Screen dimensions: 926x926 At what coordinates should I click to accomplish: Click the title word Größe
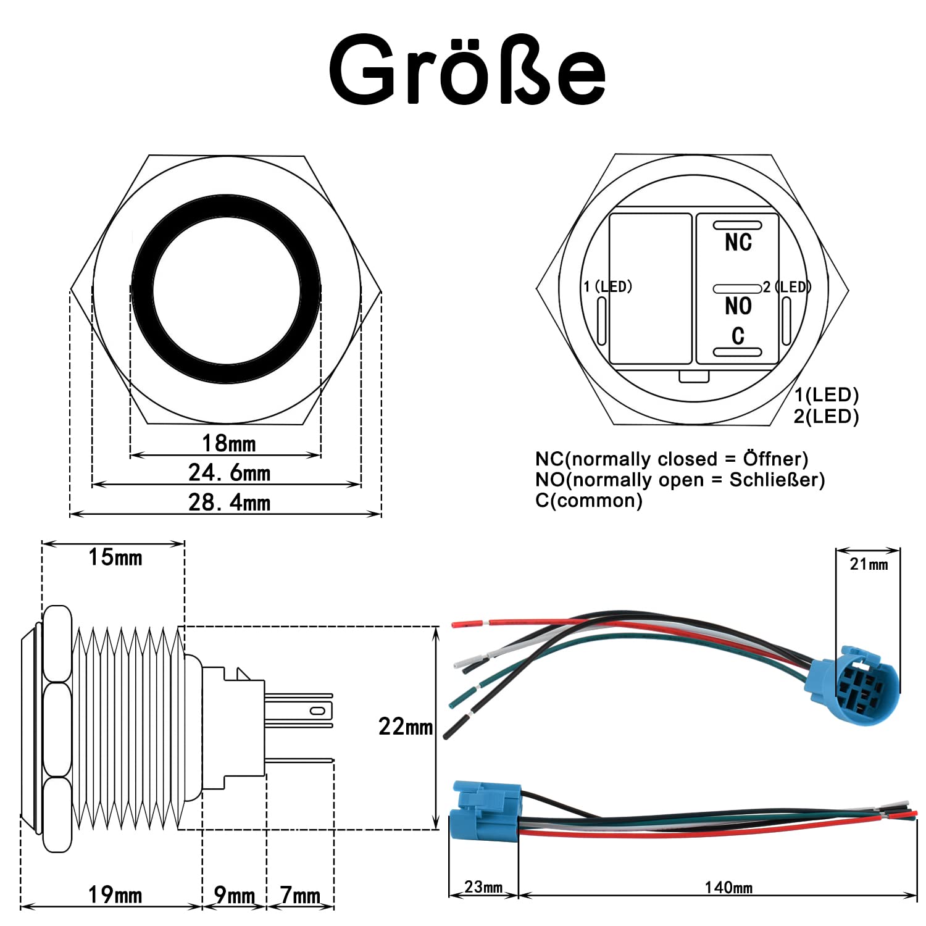tap(467, 70)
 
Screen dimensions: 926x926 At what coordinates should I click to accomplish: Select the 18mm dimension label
tap(228, 443)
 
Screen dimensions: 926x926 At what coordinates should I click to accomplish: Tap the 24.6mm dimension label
tap(230, 473)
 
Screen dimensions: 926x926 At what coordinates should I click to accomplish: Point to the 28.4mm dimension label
tap(230, 503)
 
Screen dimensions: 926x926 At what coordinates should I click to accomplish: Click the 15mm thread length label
tap(115, 557)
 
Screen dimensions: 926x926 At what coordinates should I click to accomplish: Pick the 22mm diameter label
tap(406, 727)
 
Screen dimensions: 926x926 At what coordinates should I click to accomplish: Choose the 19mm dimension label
tap(115, 895)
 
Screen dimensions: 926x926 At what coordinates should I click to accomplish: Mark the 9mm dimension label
tap(235, 895)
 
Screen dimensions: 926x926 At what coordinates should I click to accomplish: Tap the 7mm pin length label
tap(300, 895)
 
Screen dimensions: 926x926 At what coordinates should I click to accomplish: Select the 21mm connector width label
tap(869, 564)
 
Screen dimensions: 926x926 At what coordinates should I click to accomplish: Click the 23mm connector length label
tap(483, 887)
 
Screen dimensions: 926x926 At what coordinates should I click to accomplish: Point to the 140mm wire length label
tap(728, 888)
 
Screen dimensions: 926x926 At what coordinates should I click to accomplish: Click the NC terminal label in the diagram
tap(738, 242)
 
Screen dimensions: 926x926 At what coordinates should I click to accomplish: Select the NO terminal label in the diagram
tap(738, 306)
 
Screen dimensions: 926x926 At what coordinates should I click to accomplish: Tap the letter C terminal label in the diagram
tap(738, 335)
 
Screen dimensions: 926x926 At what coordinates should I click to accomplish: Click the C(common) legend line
tap(589, 500)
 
